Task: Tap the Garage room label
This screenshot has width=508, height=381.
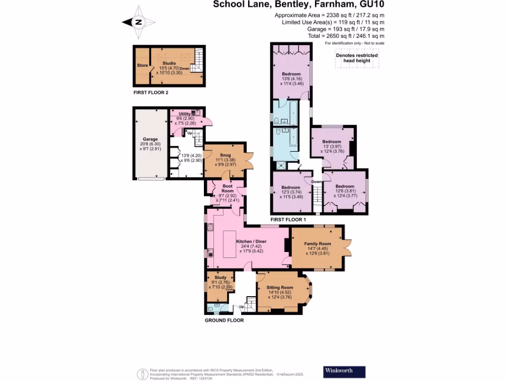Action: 150,139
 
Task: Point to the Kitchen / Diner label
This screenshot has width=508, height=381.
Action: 252,242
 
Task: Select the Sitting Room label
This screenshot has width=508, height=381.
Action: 280,287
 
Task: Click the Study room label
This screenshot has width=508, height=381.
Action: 220,277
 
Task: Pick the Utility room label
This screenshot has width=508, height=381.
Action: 185,114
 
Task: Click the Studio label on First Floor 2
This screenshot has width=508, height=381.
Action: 170,63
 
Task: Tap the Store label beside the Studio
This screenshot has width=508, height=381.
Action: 142,64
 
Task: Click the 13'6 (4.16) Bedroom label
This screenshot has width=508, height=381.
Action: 291,74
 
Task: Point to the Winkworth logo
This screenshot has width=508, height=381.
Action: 344,371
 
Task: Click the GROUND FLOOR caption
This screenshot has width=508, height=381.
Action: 224,320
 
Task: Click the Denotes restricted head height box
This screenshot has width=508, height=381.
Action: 357,58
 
